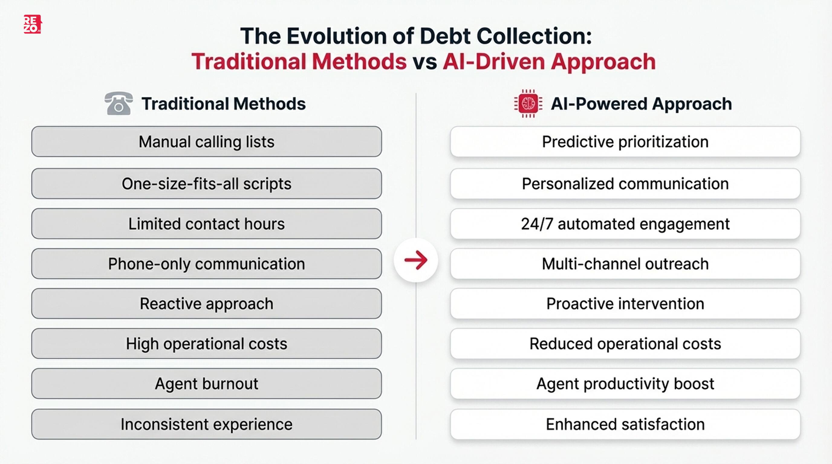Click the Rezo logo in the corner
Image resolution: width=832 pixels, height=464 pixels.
click(32, 24)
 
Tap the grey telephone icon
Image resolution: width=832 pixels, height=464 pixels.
click(119, 103)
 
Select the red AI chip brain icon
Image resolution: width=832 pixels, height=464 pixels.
click(528, 104)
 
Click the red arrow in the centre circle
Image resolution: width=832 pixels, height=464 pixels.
click(416, 260)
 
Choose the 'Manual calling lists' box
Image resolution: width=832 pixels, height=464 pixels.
click(206, 142)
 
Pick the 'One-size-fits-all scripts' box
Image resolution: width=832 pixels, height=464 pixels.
click(206, 184)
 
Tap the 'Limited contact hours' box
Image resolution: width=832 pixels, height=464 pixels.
click(206, 224)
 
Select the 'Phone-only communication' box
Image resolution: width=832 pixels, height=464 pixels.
click(206, 264)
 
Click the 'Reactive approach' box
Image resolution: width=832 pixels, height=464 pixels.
click(206, 304)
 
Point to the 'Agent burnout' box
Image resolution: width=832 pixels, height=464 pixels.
click(206, 384)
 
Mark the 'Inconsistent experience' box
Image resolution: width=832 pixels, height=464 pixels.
click(206, 424)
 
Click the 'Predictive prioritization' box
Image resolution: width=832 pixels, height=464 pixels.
click(625, 142)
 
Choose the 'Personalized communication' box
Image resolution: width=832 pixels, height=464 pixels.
click(625, 184)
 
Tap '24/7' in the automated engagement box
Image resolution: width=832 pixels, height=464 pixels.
click(537, 224)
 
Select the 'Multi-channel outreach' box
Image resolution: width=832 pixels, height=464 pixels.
click(625, 264)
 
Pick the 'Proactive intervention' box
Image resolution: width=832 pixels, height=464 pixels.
click(625, 304)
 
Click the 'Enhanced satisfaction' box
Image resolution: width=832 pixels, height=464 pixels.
click(625, 424)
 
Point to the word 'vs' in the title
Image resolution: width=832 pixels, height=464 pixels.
click(424, 62)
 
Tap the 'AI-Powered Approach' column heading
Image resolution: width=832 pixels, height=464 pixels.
click(641, 104)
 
